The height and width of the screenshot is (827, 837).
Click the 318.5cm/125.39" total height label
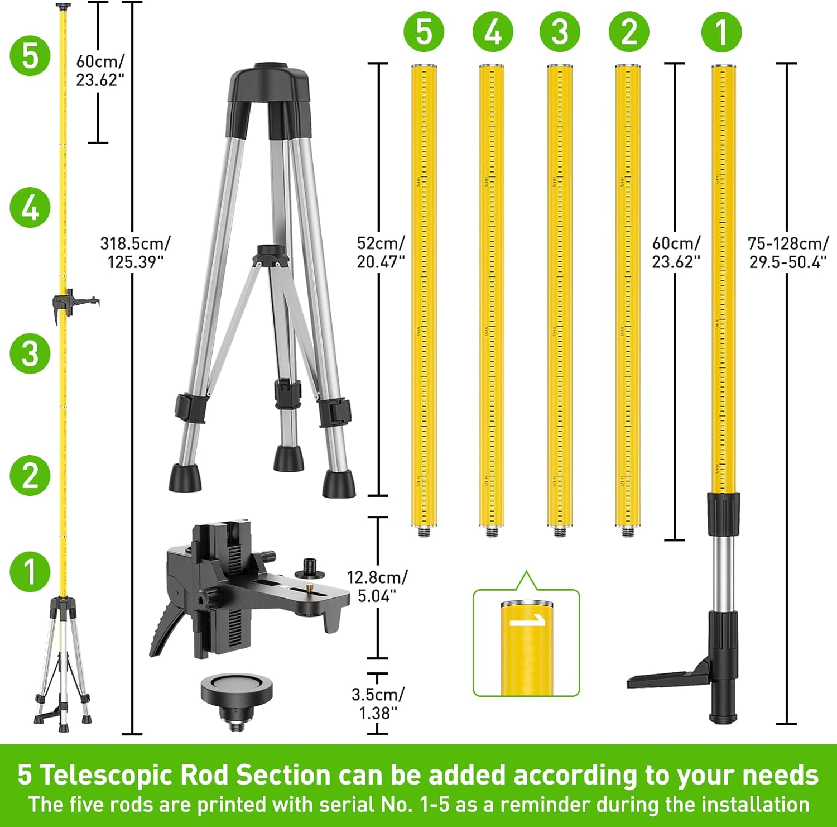click(x=134, y=252)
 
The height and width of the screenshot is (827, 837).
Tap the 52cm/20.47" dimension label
click(x=381, y=252)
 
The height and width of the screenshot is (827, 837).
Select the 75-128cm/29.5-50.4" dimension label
click(x=788, y=252)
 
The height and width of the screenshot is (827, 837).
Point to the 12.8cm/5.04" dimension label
click(x=377, y=586)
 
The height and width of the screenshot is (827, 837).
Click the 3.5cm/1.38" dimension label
click(x=377, y=704)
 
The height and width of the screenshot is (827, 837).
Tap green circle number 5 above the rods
click(x=424, y=32)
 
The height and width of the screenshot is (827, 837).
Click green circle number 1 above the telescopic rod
click(x=721, y=32)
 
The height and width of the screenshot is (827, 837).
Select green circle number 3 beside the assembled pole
click(x=30, y=353)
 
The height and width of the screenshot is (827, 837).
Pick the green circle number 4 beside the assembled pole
click(x=30, y=207)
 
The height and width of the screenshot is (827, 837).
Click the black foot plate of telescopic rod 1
click(x=664, y=678)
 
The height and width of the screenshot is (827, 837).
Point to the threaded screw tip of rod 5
click(x=424, y=532)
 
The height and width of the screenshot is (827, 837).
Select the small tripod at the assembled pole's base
click(x=62, y=665)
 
